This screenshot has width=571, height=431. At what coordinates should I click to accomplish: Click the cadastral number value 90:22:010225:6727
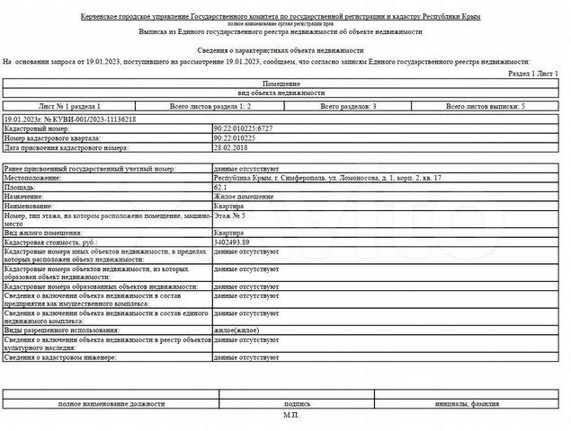(243, 128)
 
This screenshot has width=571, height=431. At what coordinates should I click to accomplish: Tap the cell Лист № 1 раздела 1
(81, 106)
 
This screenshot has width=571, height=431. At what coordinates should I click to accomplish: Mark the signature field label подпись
(297, 405)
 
